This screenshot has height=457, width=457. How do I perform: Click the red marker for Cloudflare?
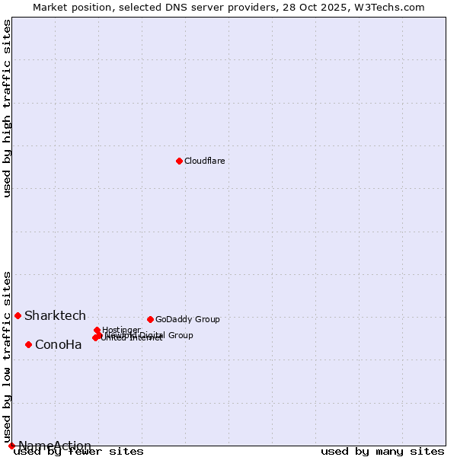point(179,161)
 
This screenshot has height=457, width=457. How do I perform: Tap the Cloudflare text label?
point(204,161)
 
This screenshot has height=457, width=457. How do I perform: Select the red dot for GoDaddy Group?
point(150,319)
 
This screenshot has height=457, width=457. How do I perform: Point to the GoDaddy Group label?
point(187,319)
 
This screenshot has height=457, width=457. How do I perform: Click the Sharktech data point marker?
point(18,315)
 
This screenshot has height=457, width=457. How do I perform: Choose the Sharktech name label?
point(55,315)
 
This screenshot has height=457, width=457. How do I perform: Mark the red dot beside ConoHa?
point(28,344)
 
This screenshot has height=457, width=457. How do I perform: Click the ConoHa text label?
point(58,344)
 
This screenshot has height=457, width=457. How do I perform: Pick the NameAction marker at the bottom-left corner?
point(11,446)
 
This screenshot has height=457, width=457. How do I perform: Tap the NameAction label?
point(55,446)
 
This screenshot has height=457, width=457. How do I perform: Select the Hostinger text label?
point(121,330)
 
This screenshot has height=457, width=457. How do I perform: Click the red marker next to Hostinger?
point(97,331)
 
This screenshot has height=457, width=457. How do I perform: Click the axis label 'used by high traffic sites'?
point(7,108)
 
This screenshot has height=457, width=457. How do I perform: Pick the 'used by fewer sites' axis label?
point(79,452)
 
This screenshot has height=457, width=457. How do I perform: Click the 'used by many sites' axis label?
point(382,452)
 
